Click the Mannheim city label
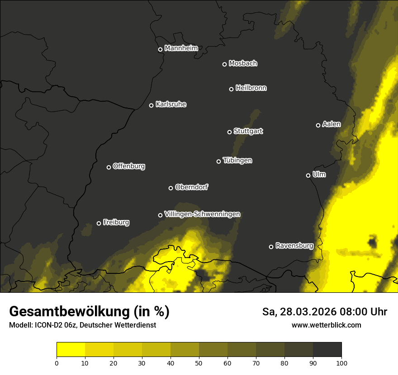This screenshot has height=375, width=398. point(181,48)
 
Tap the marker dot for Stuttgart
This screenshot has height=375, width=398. point(229,132)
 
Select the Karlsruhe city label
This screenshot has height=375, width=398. point(171,104)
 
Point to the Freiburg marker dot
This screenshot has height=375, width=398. point(99,223)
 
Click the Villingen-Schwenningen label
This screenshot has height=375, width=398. point(202,214)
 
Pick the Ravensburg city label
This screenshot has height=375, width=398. point(294,246)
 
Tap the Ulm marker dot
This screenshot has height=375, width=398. point(308,175)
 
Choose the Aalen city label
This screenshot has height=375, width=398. point(331,124)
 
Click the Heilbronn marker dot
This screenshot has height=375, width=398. point(231,89)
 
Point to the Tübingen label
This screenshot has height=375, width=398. point(237,160)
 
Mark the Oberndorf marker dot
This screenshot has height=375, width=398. point(171,188)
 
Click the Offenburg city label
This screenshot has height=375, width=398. point(128,166)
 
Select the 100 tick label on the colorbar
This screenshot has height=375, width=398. point(341,363)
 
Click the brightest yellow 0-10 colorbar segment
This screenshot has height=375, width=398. point(71,350)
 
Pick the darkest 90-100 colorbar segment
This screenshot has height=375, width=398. point(327,350)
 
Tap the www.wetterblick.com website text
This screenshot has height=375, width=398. point(326,325)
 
